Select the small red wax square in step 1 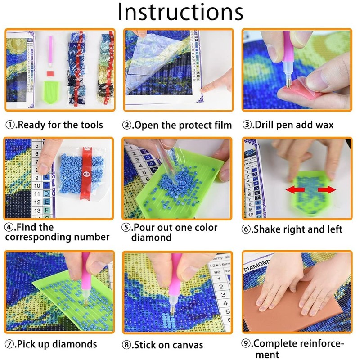click(x=50, y=73)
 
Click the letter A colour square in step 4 click(x=46, y=177)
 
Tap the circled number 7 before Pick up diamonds click(x=10, y=345)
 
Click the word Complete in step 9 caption click(x=274, y=344)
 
